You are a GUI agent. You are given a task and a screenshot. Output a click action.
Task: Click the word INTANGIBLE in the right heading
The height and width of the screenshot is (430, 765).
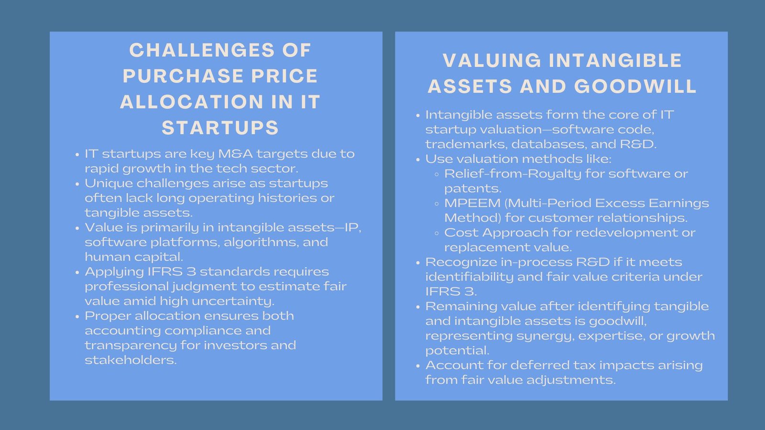point(615,61)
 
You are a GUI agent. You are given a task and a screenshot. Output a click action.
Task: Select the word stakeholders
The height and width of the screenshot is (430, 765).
point(131,360)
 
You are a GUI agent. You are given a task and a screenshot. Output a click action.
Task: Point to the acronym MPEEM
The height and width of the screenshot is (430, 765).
point(472,203)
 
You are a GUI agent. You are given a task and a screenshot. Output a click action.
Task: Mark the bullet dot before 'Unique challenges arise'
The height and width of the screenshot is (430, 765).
point(77,184)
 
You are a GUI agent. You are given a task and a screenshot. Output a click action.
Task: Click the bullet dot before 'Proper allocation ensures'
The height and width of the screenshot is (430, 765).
point(77,316)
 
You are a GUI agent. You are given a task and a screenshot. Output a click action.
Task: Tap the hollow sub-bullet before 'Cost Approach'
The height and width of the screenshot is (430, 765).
point(437,233)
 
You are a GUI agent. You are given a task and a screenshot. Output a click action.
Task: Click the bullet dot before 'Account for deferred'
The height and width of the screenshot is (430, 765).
point(418,366)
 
